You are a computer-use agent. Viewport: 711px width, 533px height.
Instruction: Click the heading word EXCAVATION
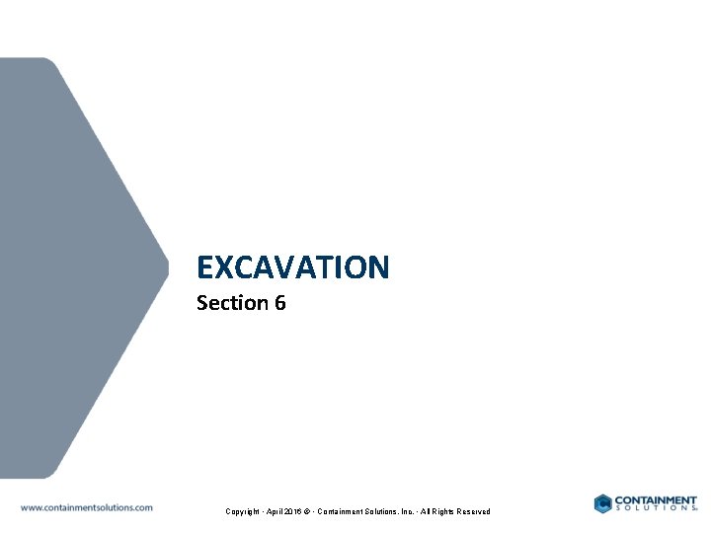[293, 267]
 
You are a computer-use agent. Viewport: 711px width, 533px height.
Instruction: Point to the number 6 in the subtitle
[280, 303]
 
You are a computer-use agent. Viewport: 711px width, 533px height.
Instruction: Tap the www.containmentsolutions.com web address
[87, 507]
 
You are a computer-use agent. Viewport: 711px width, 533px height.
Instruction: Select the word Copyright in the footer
[243, 511]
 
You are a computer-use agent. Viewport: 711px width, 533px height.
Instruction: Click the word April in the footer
[276, 511]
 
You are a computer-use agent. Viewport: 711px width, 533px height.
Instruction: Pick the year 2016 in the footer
[296, 511]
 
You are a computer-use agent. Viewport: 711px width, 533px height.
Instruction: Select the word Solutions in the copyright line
[390, 511]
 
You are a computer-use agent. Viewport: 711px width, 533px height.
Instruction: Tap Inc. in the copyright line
[419, 511]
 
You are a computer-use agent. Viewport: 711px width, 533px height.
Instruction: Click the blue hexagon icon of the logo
[603, 503]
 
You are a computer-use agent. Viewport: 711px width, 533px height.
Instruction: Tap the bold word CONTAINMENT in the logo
[656, 500]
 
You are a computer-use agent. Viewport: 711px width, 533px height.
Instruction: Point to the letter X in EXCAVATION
[223, 267]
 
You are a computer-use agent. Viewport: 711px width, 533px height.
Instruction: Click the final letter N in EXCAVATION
[378, 267]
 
